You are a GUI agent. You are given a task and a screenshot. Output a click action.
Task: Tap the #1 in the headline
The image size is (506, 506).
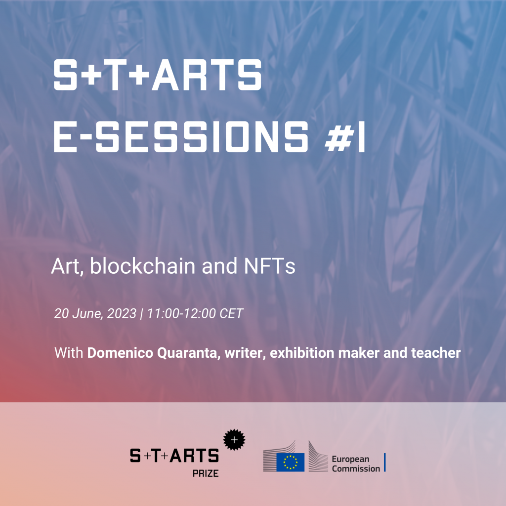coord(345,136)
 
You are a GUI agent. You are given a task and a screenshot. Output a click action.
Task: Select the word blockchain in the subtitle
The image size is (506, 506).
coord(142,266)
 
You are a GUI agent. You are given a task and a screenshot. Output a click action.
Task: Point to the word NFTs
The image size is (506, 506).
coord(269,266)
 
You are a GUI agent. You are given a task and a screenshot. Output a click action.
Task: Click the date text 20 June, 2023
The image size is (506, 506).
coord(95,314)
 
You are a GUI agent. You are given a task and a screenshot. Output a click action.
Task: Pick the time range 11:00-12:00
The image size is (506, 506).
coord(181,313)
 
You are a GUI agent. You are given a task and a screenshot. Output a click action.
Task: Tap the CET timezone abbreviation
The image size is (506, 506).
coord(231,313)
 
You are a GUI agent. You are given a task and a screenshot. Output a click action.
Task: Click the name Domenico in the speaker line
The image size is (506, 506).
coord(120,353)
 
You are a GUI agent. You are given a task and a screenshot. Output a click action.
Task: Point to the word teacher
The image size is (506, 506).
coord(436,353)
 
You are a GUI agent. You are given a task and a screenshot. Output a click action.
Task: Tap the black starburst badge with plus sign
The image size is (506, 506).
coord(234,439)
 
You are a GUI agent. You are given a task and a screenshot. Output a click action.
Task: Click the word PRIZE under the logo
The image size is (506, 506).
coord(206,473)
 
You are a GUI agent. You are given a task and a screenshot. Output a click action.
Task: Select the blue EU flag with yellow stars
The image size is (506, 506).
coord(290,462)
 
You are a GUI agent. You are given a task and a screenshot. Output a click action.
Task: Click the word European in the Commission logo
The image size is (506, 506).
coord(350,459)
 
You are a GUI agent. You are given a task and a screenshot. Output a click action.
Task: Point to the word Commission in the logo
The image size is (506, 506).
coord(356,468)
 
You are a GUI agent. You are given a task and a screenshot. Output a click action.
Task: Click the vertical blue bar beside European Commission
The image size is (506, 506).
coord(384,463)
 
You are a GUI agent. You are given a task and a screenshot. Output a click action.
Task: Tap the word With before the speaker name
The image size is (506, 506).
coord(69,353)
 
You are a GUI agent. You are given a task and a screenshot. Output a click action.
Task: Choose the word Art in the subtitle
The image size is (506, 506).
coord(66,267)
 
